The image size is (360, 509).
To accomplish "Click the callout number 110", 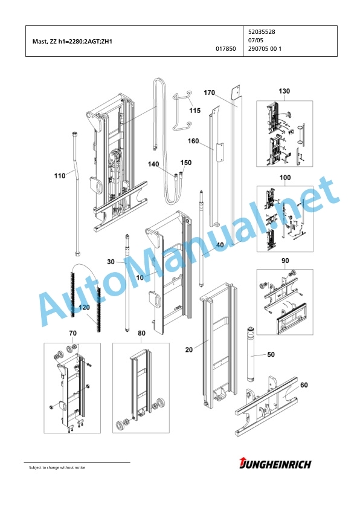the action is pyautogui.click(x=60, y=176).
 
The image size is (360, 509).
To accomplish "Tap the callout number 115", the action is pyautogui.click(x=195, y=111).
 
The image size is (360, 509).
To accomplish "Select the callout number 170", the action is pyautogui.click(x=209, y=93).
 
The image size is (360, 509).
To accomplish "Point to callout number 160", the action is pyautogui.click(x=193, y=141).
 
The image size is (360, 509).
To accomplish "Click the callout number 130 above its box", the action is pyautogui.click(x=284, y=91).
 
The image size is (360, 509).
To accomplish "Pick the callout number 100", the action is pyautogui.click(x=285, y=178).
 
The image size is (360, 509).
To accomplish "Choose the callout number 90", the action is pyautogui.click(x=285, y=261).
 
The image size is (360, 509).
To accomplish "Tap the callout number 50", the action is pyautogui.click(x=271, y=354).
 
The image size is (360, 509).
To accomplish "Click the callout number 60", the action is pyautogui.click(x=304, y=385).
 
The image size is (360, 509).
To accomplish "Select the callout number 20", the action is pyautogui.click(x=188, y=349).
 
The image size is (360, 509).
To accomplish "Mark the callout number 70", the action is pyautogui.click(x=72, y=333).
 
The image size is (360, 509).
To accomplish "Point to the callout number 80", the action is pyautogui.click(x=141, y=333).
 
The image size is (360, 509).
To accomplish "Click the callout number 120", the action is pyautogui.click(x=85, y=307).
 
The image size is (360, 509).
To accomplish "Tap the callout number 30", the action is pyautogui.click(x=111, y=262).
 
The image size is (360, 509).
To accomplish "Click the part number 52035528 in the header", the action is pyautogui.click(x=262, y=32).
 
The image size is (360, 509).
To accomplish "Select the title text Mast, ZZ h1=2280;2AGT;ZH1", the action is pyautogui.click(x=72, y=42).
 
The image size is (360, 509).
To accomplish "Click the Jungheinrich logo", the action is pyautogui.click(x=275, y=463).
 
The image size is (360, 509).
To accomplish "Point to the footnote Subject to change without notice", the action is pyautogui.click(x=57, y=467).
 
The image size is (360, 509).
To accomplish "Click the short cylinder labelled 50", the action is pyautogui.click(x=251, y=354).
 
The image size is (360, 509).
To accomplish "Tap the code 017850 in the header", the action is pyautogui.click(x=226, y=49).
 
